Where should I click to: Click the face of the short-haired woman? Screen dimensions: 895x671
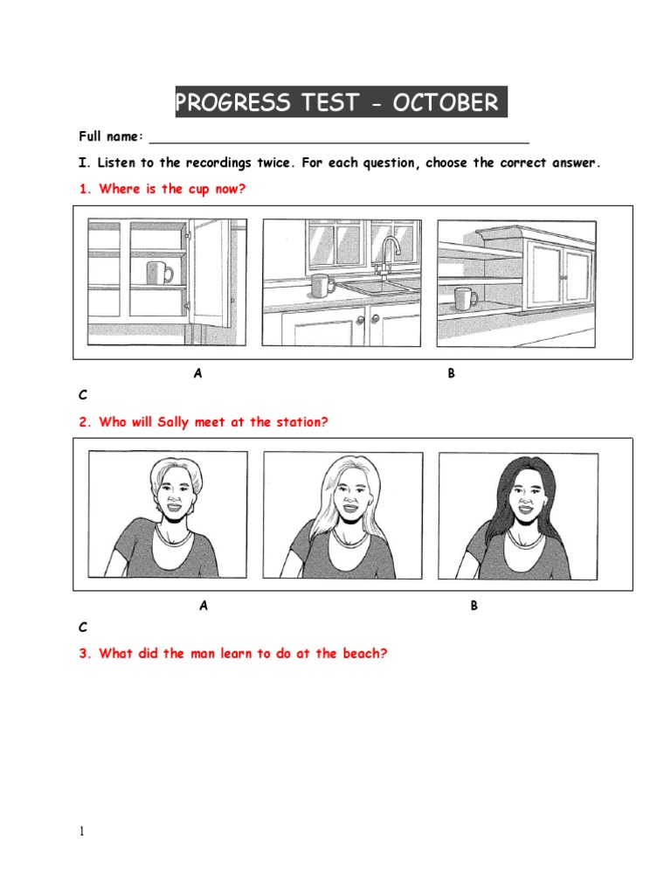(170, 496)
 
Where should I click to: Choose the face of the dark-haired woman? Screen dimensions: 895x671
(522, 499)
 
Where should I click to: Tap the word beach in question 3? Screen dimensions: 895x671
(362, 653)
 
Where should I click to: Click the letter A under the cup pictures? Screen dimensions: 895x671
(198, 373)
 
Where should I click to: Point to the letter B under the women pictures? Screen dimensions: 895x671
(474, 606)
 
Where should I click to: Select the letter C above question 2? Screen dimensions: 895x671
(83, 394)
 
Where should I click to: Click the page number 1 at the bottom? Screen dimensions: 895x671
(82, 831)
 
